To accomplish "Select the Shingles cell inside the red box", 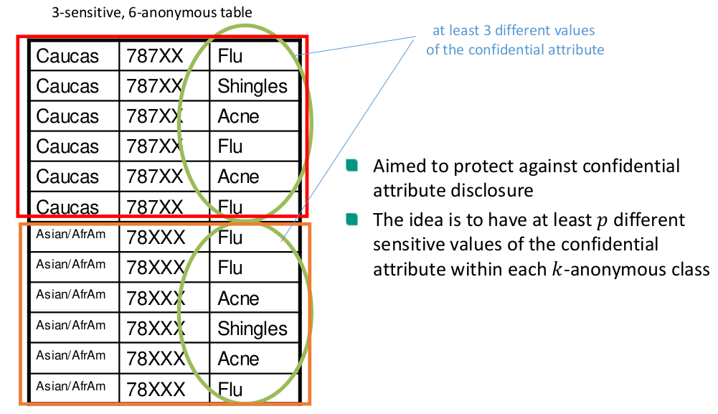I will [252, 86].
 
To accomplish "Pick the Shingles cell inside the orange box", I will [252, 329].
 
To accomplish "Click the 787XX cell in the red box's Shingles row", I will [154, 86].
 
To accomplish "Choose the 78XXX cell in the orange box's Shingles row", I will [156, 329].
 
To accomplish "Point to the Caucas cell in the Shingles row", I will [67, 86].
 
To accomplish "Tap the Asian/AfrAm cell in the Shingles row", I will [70, 325].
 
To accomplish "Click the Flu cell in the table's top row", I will [230, 56].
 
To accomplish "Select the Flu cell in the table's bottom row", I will [230, 390].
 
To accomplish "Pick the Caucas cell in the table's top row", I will [67, 56].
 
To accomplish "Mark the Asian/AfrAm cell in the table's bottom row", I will [70, 386].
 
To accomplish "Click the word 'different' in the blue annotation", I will [520, 32].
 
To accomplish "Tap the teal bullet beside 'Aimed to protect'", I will [351, 166].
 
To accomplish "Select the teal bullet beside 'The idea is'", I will [351, 219].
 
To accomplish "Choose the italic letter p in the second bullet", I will [600, 220].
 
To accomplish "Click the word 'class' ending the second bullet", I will [688, 269].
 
